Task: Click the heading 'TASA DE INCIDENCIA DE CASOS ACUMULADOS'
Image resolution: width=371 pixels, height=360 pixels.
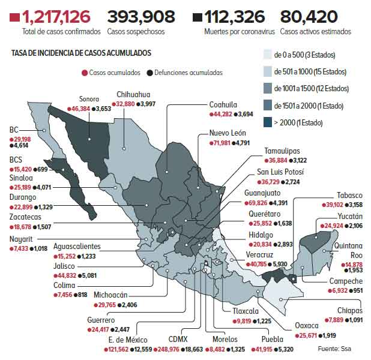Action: pyautogui.click(x=81, y=53)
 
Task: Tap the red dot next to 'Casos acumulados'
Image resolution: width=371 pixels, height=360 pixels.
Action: pyautogui.click(x=85, y=73)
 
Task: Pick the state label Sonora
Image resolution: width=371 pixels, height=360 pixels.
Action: pyautogui.click(x=89, y=100)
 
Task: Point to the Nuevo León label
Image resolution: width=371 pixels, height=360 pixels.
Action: pyautogui.click(x=228, y=133)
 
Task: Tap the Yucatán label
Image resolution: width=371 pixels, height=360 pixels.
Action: pyautogui.click(x=349, y=216)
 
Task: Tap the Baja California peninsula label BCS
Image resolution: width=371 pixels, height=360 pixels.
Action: pyautogui.click(x=16, y=161)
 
